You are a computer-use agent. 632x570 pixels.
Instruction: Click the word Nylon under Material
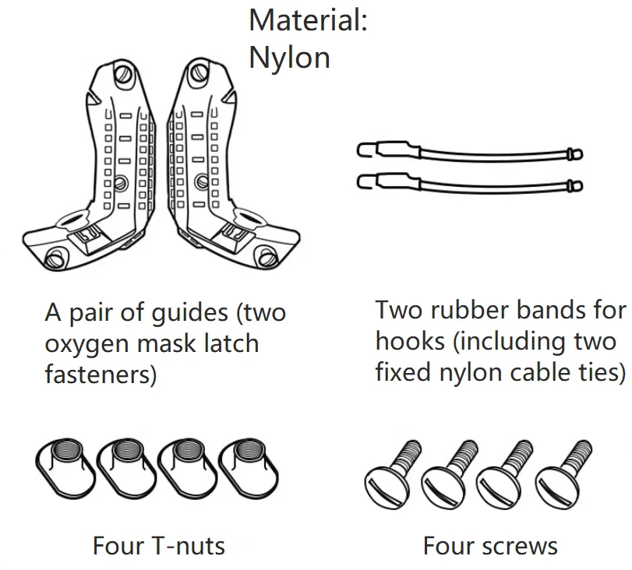[x=289, y=58]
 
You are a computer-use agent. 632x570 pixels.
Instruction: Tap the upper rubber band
[x=468, y=153]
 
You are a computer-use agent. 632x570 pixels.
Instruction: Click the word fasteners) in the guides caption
[x=101, y=375]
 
